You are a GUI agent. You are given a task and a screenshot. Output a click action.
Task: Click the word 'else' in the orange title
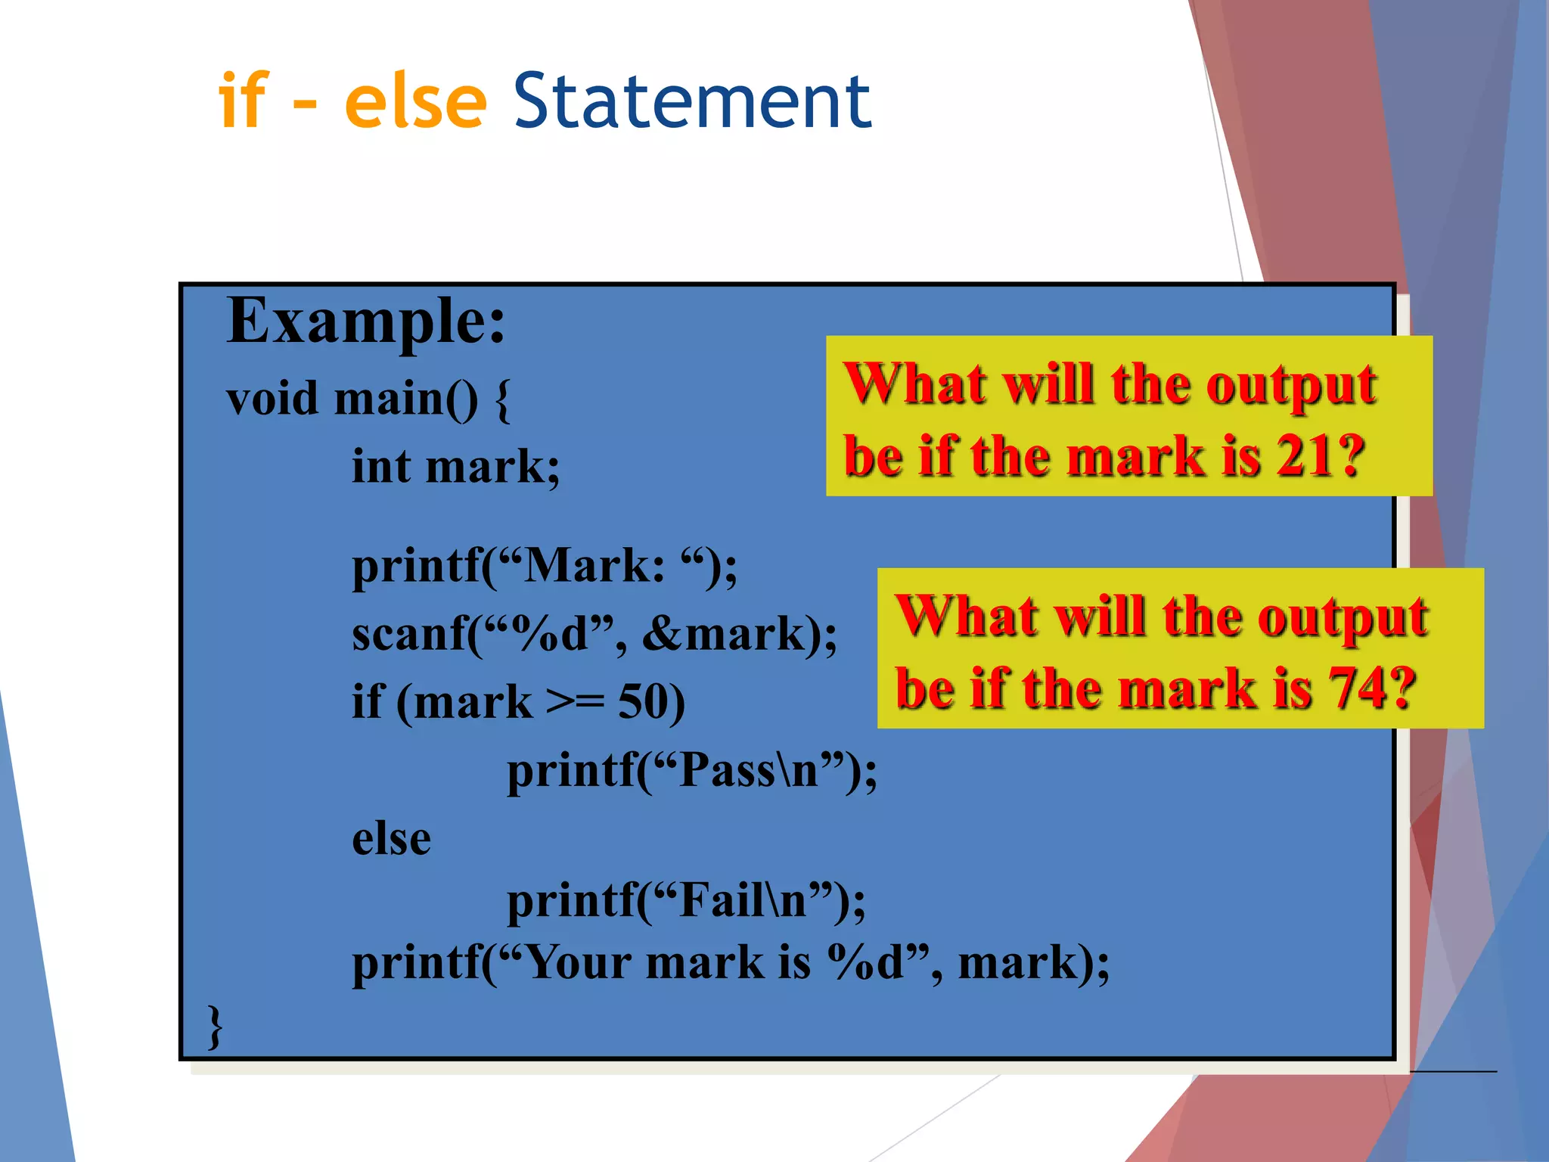coord(415,101)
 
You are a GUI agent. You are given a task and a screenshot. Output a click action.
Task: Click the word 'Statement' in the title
coord(692,101)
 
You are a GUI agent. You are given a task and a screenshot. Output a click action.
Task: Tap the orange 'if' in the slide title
coord(243,101)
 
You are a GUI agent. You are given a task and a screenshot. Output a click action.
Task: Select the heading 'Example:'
coord(366,322)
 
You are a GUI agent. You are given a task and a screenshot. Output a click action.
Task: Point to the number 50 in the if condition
coord(642,701)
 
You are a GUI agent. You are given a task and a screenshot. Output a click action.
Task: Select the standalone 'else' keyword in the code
coord(391,839)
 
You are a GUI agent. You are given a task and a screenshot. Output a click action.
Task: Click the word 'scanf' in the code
coord(408,633)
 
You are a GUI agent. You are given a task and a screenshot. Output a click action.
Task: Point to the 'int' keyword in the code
coord(381,466)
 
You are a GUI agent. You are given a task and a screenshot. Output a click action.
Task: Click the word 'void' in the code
coord(272,399)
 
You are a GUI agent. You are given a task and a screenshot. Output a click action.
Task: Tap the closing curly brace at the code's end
coord(215,1027)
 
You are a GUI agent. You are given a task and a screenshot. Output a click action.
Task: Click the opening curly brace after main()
coord(502,400)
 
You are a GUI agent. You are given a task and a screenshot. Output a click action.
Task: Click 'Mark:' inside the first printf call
coord(594,566)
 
